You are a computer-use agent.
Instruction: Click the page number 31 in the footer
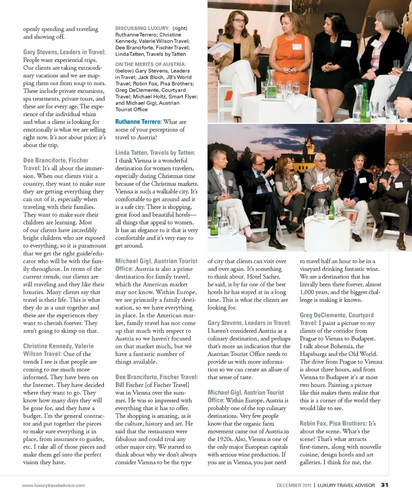coord(384,485)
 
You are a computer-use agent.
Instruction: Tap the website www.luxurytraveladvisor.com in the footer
coord(54,485)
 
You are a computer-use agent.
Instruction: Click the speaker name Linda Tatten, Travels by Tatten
coord(155,153)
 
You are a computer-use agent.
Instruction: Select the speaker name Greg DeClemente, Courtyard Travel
coord(337,319)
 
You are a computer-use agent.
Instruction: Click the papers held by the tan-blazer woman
coord(220,48)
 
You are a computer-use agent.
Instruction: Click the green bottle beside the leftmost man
coord(214,221)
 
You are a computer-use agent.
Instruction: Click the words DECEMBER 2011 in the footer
coord(294,485)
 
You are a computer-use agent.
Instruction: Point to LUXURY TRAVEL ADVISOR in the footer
coord(346,485)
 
